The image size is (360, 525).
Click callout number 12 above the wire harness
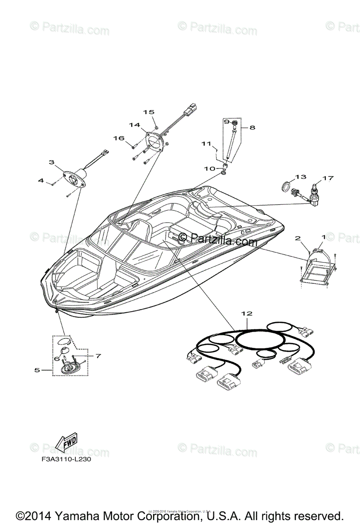click(x=247, y=314)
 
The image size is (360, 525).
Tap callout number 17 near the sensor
click(x=328, y=178)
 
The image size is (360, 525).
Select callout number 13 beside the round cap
click(x=301, y=177)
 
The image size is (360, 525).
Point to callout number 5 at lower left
click(x=37, y=370)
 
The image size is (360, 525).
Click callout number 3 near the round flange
click(x=52, y=162)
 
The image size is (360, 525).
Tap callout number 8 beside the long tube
click(x=252, y=127)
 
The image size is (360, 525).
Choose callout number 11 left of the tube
click(x=206, y=143)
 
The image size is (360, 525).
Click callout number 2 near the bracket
click(x=298, y=238)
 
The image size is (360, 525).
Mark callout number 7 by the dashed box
click(x=98, y=356)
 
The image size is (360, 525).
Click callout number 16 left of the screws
click(x=119, y=138)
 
